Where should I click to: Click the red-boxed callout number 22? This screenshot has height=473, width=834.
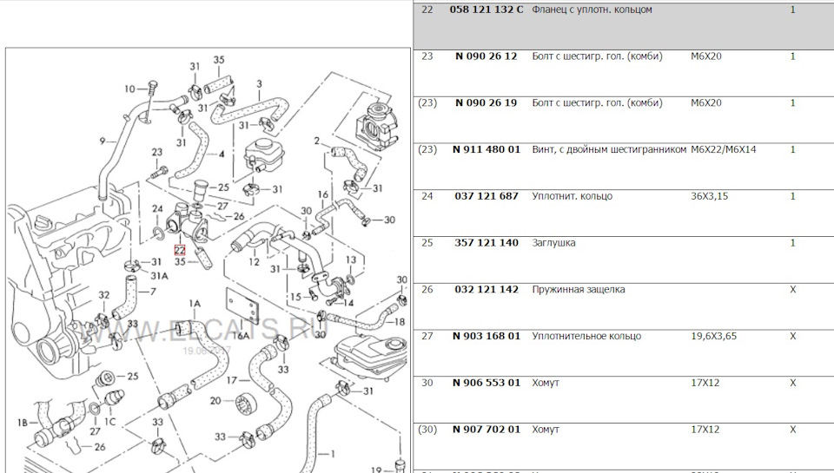point(179,249)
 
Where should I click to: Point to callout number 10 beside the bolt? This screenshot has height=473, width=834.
point(129,89)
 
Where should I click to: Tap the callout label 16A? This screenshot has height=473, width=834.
point(241,334)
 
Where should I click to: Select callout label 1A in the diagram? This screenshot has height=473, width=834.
point(194,303)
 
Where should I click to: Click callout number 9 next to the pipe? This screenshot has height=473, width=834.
point(102,141)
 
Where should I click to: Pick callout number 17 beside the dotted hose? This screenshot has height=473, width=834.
point(233,381)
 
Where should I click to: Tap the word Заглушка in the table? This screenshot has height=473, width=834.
point(553,243)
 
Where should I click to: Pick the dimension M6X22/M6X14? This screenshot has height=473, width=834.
point(723,149)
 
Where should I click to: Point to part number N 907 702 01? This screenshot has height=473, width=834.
point(486,429)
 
